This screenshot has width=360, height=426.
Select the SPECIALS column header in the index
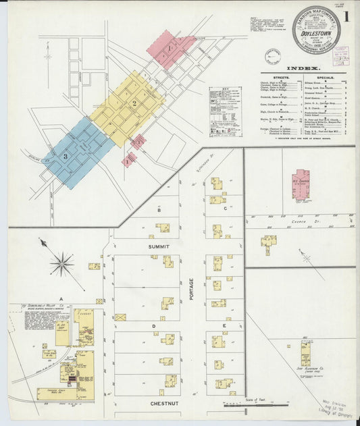pos(322,78)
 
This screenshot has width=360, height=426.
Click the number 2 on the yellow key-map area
pos(135,103)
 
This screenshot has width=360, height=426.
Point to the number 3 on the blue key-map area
pos(66,156)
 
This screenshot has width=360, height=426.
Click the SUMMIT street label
pos(159,247)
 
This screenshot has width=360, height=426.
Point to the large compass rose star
pos(61,263)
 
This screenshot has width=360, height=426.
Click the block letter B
pos(159,210)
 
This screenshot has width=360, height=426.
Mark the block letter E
pos(224,326)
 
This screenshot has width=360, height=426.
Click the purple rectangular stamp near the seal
pos(340,52)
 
